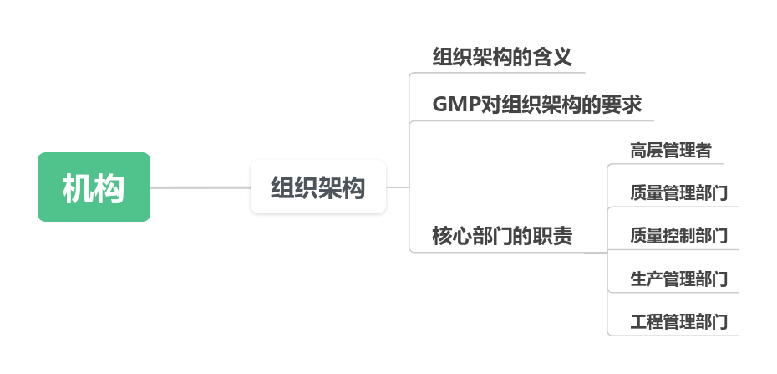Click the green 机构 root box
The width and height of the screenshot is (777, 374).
(x=94, y=187)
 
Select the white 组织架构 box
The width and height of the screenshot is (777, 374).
(x=318, y=187)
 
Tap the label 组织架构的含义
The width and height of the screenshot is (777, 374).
(x=502, y=58)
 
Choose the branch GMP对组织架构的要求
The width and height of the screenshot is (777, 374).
(x=536, y=105)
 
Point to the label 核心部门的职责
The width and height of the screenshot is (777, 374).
(x=502, y=236)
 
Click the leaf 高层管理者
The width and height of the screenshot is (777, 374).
(x=670, y=151)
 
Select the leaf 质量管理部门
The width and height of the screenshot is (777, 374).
(x=678, y=193)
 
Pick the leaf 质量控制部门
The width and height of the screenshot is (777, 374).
(x=678, y=236)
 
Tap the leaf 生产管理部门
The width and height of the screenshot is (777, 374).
(x=678, y=279)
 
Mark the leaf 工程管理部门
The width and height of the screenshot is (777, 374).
(x=678, y=321)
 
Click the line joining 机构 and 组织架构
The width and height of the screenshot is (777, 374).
(x=201, y=187)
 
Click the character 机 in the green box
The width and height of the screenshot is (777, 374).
(x=78, y=188)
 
